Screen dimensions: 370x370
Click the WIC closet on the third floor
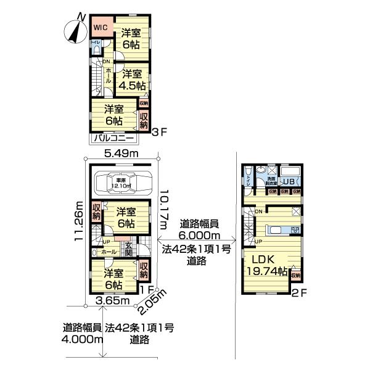(x=101, y=28)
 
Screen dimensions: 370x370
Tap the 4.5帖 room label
(x=132, y=80)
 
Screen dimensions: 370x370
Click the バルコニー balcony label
(x=117, y=139)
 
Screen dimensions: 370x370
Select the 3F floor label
(x=158, y=131)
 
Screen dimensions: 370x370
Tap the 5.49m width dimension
(x=120, y=153)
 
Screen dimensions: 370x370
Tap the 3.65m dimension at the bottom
(x=115, y=301)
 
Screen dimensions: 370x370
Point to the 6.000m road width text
(x=199, y=230)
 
